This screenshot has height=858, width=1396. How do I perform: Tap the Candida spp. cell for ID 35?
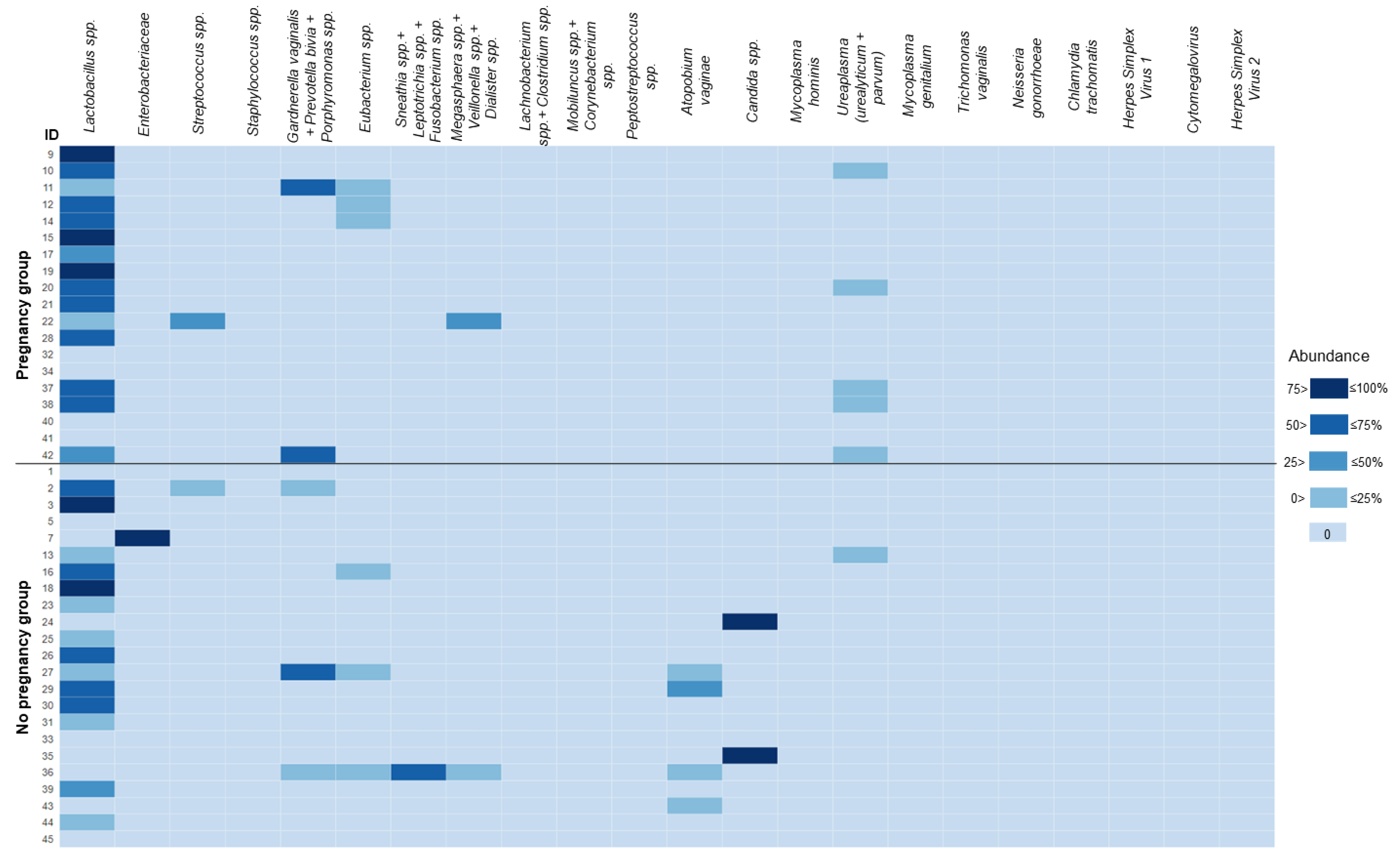pos(749,755)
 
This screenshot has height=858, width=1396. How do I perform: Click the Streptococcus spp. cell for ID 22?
pos(197,321)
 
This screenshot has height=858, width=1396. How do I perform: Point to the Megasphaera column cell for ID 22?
pos(474,321)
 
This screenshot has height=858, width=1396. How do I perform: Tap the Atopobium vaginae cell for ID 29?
pos(694,689)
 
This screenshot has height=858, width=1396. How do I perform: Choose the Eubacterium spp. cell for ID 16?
pos(363,571)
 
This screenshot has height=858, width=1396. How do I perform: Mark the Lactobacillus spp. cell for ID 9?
pos(87,154)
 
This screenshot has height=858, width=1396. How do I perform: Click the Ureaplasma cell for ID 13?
pos(860,555)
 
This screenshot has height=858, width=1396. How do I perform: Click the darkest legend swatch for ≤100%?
pos(1328,389)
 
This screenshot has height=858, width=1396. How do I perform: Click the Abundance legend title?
pos(1328,356)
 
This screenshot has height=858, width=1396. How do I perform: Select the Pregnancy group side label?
pos(23,315)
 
